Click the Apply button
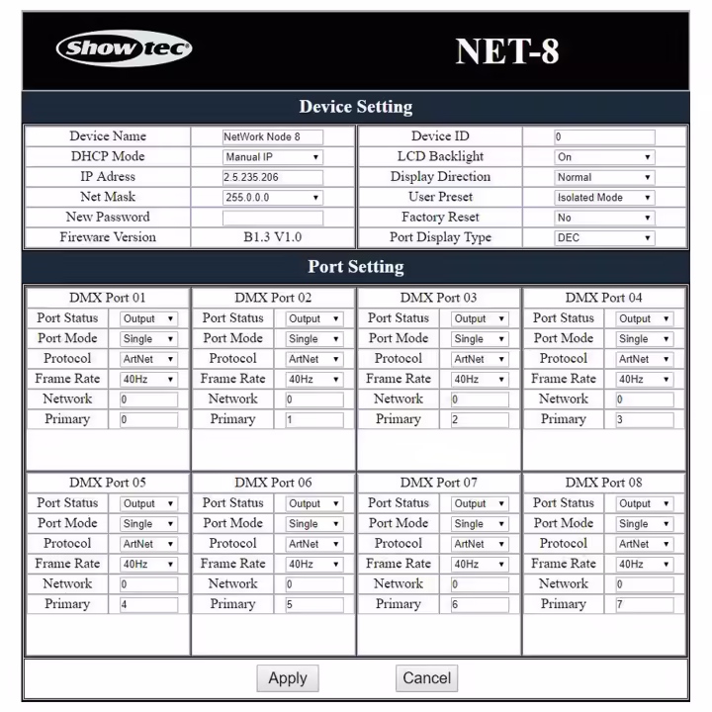click(x=288, y=678)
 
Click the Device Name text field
click(x=272, y=137)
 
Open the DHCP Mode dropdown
click(x=272, y=157)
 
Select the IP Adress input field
click(x=272, y=178)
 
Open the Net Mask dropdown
click(x=272, y=198)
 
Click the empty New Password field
click(x=272, y=218)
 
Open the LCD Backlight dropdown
click(x=604, y=157)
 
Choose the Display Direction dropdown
click(x=604, y=178)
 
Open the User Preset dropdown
click(x=604, y=198)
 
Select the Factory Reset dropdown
click(x=604, y=218)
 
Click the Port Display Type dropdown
click(x=604, y=238)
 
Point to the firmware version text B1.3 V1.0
click(x=272, y=237)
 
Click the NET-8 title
click(x=507, y=51)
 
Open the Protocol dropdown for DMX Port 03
click(x=480, y=359)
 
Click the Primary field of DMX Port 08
click(x=644, y=604)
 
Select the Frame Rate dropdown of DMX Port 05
click(x=148, y=564)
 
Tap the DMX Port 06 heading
click(x=273, y=483)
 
